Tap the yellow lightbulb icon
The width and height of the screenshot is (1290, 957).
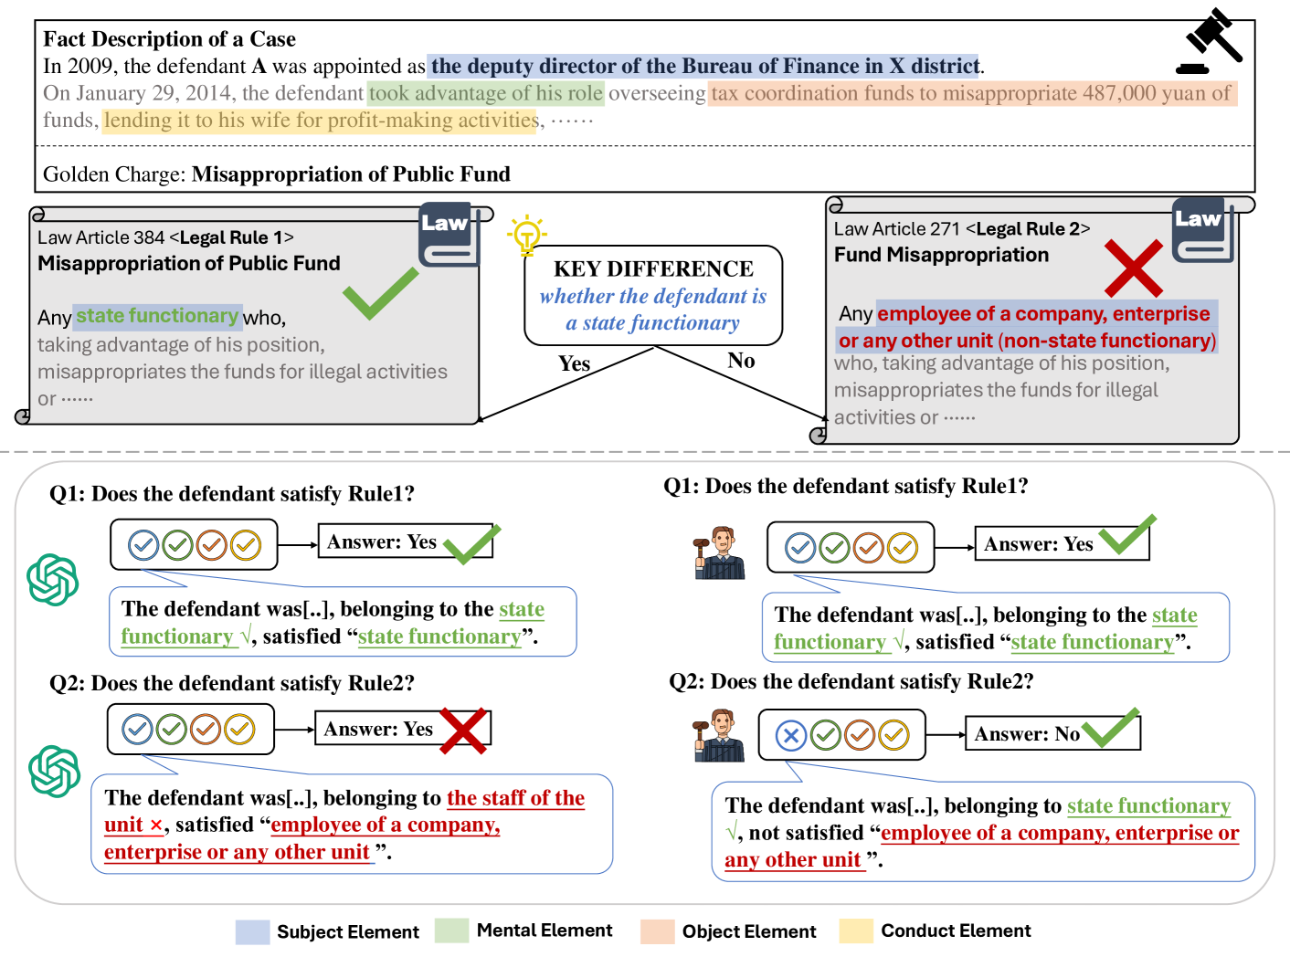526,236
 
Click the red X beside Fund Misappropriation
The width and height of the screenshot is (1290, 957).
1133,268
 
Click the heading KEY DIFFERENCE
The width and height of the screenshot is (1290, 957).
653,268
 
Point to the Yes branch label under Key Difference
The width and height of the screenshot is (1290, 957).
574,363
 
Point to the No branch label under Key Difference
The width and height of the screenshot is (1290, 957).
741,361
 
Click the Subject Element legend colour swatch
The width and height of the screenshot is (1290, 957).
252,931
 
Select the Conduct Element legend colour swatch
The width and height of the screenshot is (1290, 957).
856,931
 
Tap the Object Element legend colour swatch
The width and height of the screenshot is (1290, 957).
658,931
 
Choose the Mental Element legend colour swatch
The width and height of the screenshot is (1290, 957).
451,931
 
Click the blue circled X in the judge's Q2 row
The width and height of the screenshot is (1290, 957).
791,735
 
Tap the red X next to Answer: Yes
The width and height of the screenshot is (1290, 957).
463,731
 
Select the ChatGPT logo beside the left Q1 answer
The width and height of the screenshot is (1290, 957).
53,580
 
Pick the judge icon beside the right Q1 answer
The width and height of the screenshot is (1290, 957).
720,552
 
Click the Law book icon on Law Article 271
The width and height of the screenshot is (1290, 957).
1202,232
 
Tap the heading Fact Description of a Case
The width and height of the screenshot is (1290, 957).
169,39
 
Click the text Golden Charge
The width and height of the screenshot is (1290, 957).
113,174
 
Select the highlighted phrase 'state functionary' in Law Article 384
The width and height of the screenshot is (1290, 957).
157,316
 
